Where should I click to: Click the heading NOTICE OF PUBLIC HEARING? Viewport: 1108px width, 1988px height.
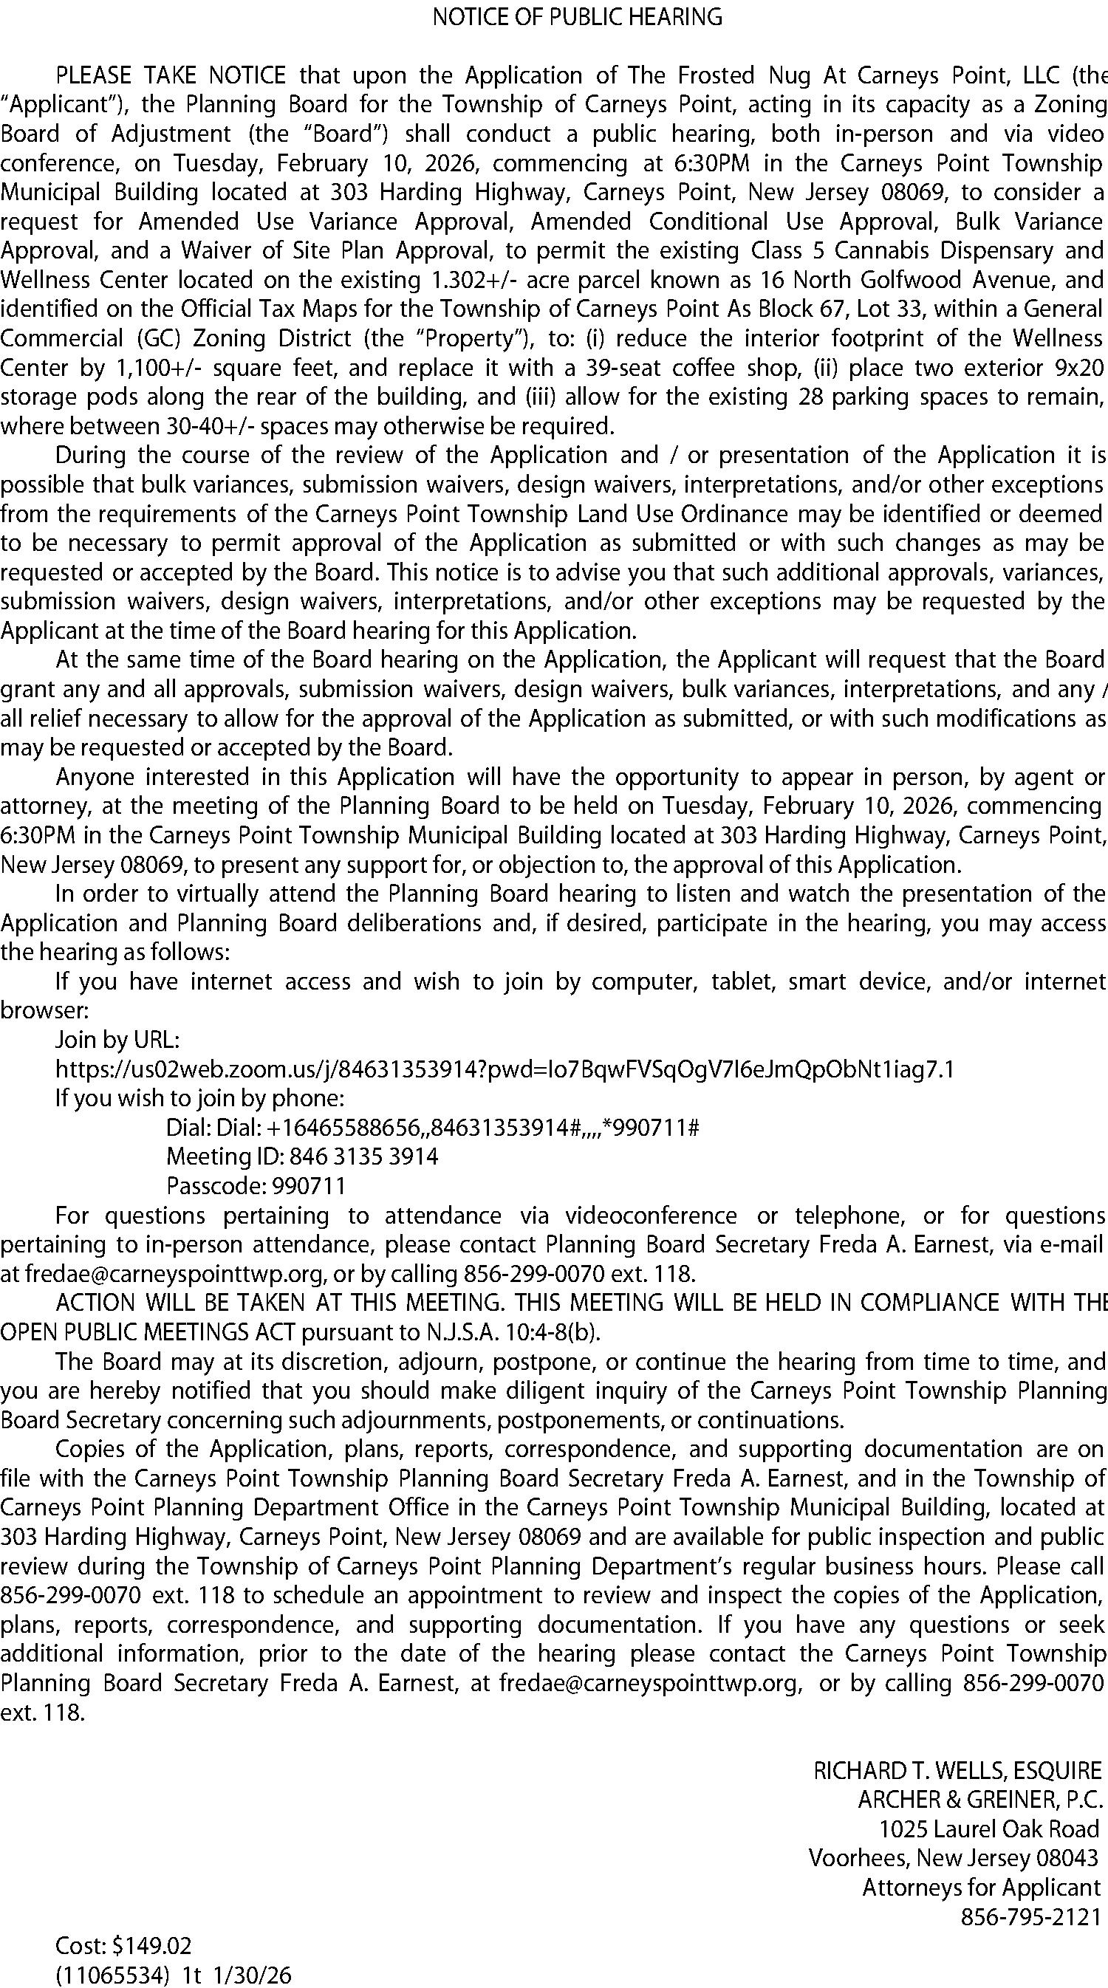pyautogui.click(x=578, y=17)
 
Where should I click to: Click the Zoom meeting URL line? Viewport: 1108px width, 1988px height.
pyautogui.click(x=505, y=1069)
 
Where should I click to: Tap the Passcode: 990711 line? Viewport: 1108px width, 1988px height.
pyautogui.click(x=256, y=1186)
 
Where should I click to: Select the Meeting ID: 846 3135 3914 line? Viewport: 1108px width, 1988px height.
pyautogui.click(x=302, y=1157)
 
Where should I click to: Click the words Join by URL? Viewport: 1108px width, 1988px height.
pyautogui.click(x=117, y=1040)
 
